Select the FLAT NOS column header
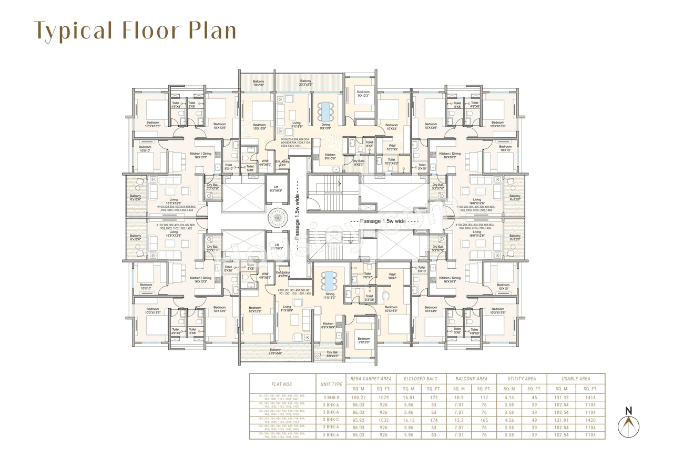[281, 384]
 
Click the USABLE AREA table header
[576, 378]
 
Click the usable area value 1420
[590, 420]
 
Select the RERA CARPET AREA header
[371, 378]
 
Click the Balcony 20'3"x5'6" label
[305, 83]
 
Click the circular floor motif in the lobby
[276, 217]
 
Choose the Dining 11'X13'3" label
[330, 296]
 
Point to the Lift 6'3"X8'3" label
[276, 188]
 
